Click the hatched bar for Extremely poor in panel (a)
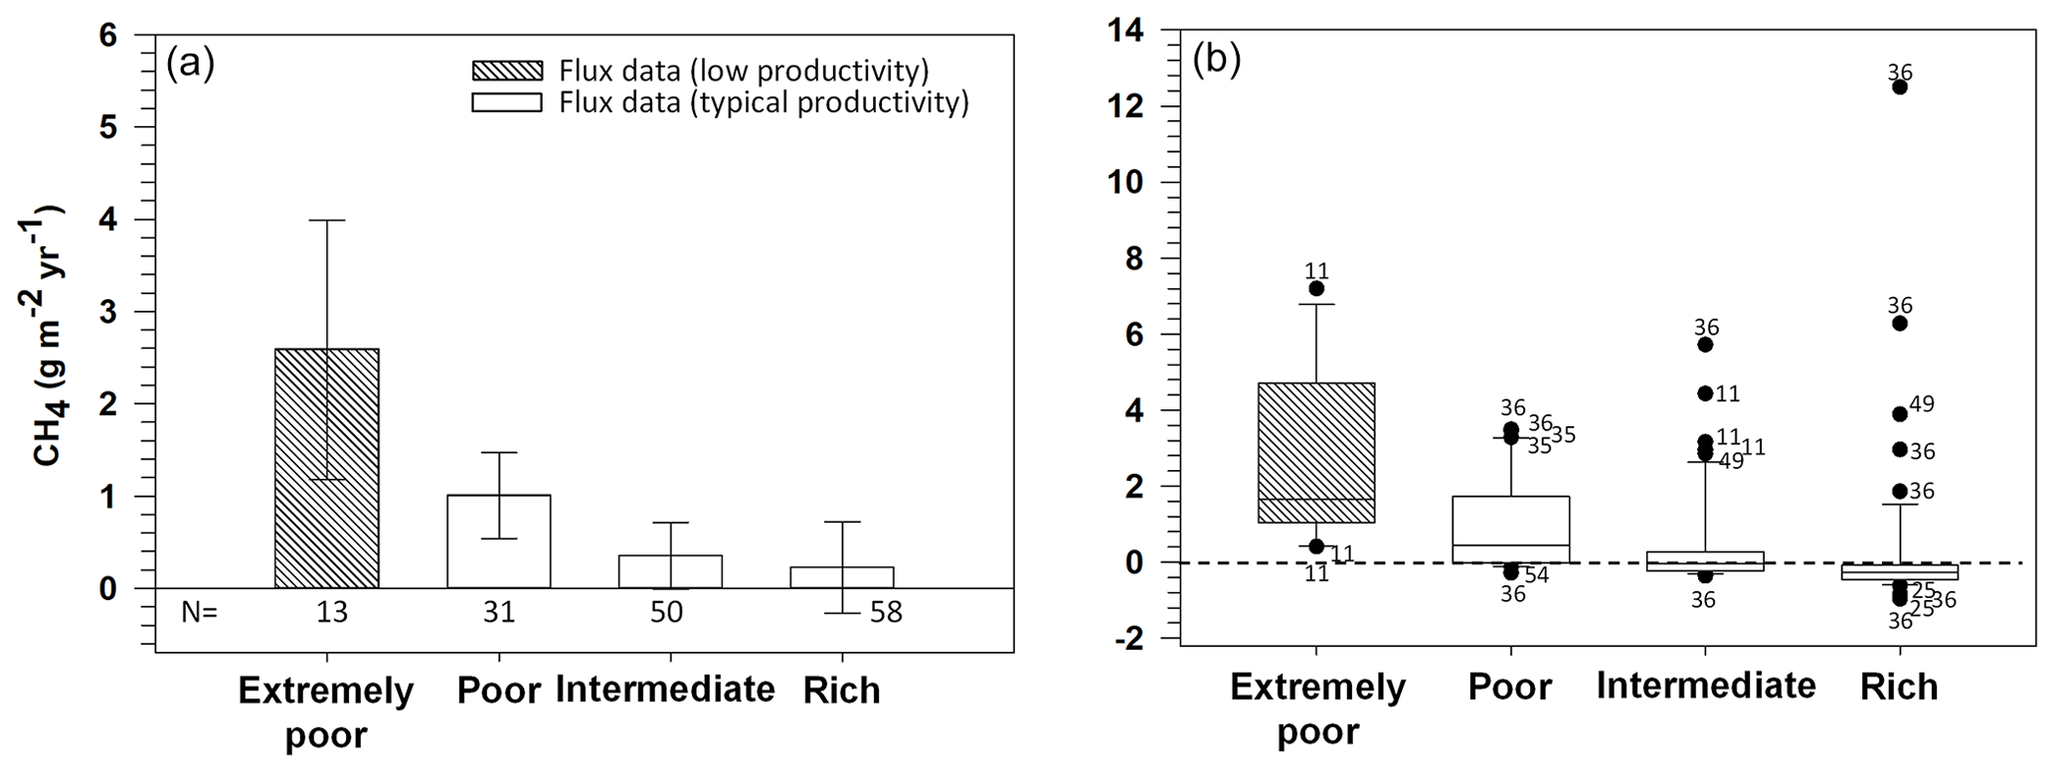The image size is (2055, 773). (326, 468)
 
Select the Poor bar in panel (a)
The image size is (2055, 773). (498, 541)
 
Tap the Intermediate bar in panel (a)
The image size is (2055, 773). (670, 571)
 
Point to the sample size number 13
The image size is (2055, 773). (332, 613)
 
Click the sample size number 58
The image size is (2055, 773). (886, 613)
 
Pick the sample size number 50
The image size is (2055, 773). (666, 613)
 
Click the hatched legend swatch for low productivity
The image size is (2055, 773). (507, 71)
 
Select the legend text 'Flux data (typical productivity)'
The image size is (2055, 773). (764, 102)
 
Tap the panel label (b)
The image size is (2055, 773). (1217, 61)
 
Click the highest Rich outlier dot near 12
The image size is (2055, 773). (1899, 87)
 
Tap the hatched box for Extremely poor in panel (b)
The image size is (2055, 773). (1315, 452)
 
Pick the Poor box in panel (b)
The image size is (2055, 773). (1510, 529)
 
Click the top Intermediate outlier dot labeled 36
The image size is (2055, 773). (1705, 345)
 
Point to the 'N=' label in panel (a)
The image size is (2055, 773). (199, 613)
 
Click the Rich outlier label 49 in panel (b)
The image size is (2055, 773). (1922, 404)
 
